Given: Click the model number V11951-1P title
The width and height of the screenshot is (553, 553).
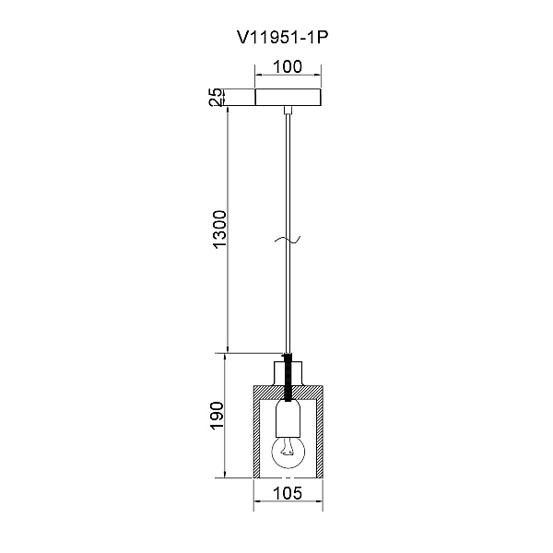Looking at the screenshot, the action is tap(283, 38).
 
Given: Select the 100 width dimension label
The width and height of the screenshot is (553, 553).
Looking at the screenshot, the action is tap(288, 66).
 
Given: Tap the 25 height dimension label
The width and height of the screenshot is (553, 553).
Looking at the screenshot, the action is tap(217, 97).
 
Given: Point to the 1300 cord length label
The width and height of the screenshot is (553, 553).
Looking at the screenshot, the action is tap(219, 229).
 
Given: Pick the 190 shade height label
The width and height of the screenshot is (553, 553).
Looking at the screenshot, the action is tap(217, 416).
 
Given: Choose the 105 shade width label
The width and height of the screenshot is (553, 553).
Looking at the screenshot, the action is tap(288, 493).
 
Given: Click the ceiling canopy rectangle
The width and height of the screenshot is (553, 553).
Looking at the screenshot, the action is tap(288, 98).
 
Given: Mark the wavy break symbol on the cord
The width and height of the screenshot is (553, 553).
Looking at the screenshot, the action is tap(288, 240).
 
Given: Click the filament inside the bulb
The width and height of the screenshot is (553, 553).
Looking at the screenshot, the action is tap(288, 447).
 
